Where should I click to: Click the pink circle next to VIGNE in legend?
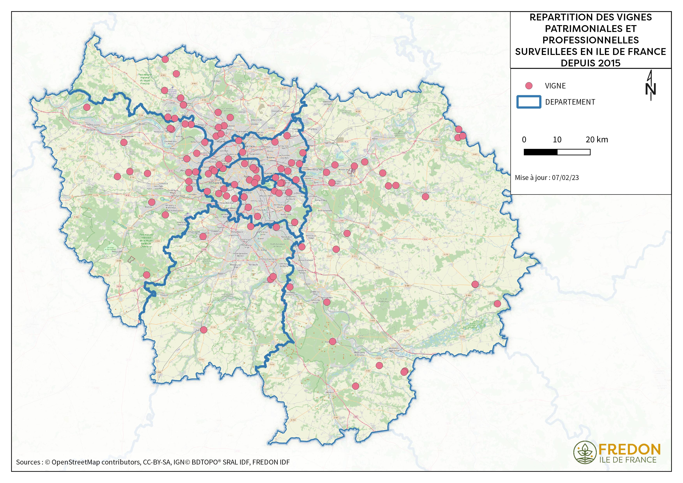529,86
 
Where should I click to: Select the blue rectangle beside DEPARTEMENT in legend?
529,102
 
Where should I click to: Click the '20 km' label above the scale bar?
597,140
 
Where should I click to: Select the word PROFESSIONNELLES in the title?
590,40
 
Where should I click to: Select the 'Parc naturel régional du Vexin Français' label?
145,79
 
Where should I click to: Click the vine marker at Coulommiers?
425,197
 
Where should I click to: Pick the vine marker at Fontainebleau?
333,341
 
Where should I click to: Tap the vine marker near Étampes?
204,330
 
